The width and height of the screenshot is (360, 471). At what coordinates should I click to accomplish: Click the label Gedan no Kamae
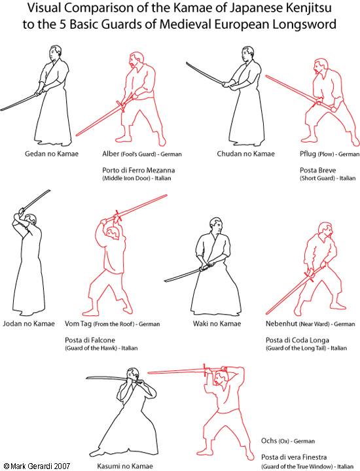[x=52, y=154]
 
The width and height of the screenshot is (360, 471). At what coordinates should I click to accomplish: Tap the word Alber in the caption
[x=111, y=154]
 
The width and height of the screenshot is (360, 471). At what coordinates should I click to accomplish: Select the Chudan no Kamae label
[x=246, y=154]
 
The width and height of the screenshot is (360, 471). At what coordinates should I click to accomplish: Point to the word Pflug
[x=308, y=154]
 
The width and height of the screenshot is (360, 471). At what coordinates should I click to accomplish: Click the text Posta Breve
[x=317, y=170]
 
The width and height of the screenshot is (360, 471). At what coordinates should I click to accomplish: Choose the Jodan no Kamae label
[x=29, y=324]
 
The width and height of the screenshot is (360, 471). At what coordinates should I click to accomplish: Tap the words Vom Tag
[x=78, y=324]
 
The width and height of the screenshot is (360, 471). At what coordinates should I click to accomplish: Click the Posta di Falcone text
[x=90, y=340]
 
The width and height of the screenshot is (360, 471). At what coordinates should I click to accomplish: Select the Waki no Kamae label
[x=217, y=324]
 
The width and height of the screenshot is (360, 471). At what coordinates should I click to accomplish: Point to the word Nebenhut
[x=281, y=324]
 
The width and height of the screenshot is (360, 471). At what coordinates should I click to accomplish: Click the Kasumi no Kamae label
[x=125, y=466]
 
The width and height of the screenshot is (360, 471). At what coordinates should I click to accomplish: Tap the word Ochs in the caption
[x=269, y=441]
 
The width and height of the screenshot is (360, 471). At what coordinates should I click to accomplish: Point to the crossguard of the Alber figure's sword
[x=120, y=106]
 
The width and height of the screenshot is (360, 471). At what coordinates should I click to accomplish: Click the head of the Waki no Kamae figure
[x=217, y=225]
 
